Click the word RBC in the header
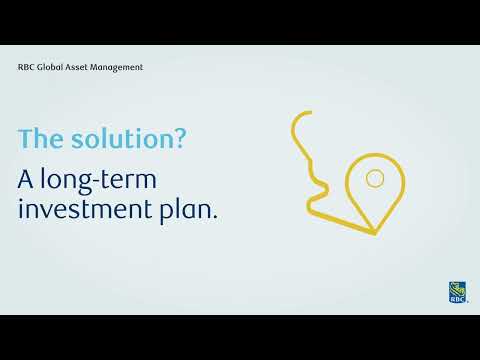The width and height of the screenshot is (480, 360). click(x=26, y=67)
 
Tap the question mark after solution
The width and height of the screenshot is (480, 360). click(x=178, y=141)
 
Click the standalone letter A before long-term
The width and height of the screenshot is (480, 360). click(x=27, y=180)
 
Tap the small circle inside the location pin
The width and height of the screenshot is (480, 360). click(x=375, y=179)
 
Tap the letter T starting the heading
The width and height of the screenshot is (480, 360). click(x=26, y=141)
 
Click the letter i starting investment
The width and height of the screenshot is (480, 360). click(x=23, y=211)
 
